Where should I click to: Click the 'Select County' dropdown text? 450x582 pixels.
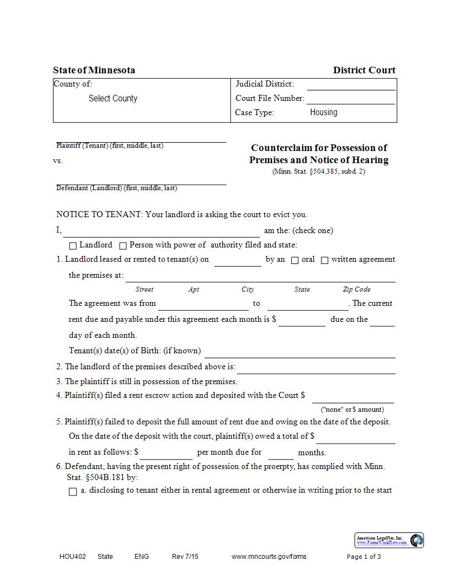tap(113, 99)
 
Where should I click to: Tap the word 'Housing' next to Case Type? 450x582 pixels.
tap(324, 112)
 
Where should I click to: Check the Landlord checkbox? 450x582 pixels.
tap(73, 246)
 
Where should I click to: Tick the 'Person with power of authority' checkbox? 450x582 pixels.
tap(123, 246)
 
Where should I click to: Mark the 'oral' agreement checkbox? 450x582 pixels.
tap(295, 260)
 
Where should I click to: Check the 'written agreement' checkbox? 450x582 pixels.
tap(325, 260)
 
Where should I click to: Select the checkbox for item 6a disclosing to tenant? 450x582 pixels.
tap(73, 492)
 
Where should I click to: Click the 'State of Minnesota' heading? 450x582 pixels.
tap(94, 70)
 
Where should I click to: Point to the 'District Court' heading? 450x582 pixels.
tap(364, 70)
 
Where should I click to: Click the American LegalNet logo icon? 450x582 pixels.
tap(417, 540)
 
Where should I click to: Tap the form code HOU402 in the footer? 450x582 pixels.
tap(73, 557)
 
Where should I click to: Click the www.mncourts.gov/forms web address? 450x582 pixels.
tap(269, 557)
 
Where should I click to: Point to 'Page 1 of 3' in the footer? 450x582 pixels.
tap(363, 557)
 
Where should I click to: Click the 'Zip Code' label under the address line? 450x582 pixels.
tap(356, 289)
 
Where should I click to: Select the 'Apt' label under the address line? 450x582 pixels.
tap(194, 289)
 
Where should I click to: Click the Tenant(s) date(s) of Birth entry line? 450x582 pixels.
tap(300, 353)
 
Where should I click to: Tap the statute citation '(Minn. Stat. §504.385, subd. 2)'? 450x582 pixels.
tap(319, 171)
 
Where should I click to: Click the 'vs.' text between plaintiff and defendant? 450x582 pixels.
tap(58, 161)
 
